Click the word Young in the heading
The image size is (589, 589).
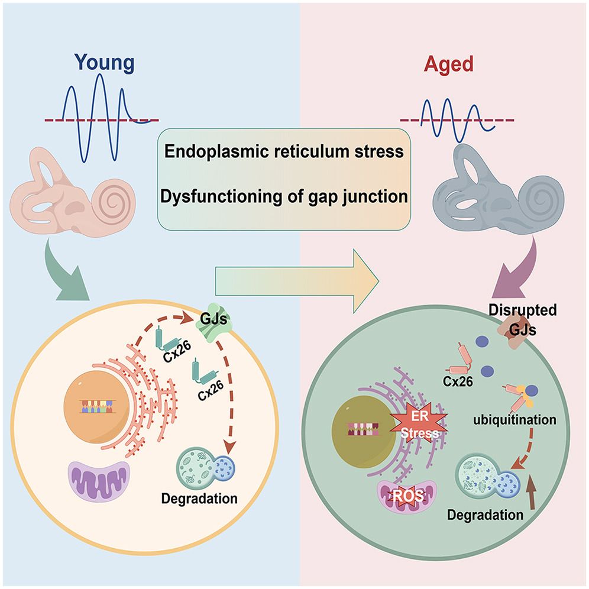click(105, 63)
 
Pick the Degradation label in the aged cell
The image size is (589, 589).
click(485, 514)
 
